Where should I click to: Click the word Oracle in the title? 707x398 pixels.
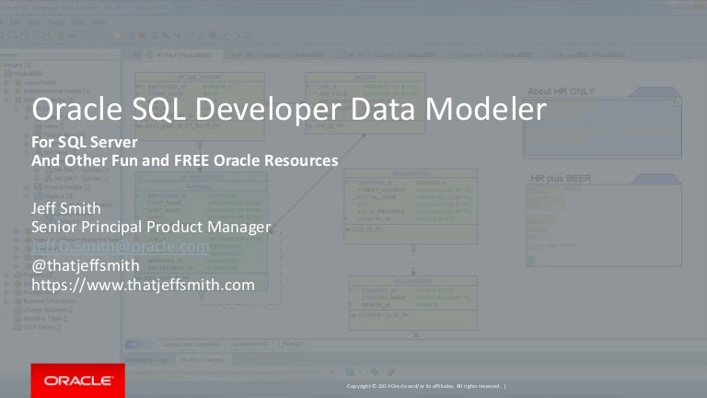point(74,112)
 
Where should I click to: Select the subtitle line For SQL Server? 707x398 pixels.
point(85,145)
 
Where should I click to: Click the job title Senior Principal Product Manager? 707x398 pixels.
point(151,227)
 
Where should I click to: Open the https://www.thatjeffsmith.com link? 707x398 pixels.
point(143,286)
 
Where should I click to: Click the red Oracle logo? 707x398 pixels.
point(72,380)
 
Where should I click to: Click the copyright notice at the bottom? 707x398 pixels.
point(426,385)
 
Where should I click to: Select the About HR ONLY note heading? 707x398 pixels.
point(565,91)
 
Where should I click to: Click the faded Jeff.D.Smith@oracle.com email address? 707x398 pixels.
point(121,247)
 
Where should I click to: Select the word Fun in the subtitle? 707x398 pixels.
point(124,159)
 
